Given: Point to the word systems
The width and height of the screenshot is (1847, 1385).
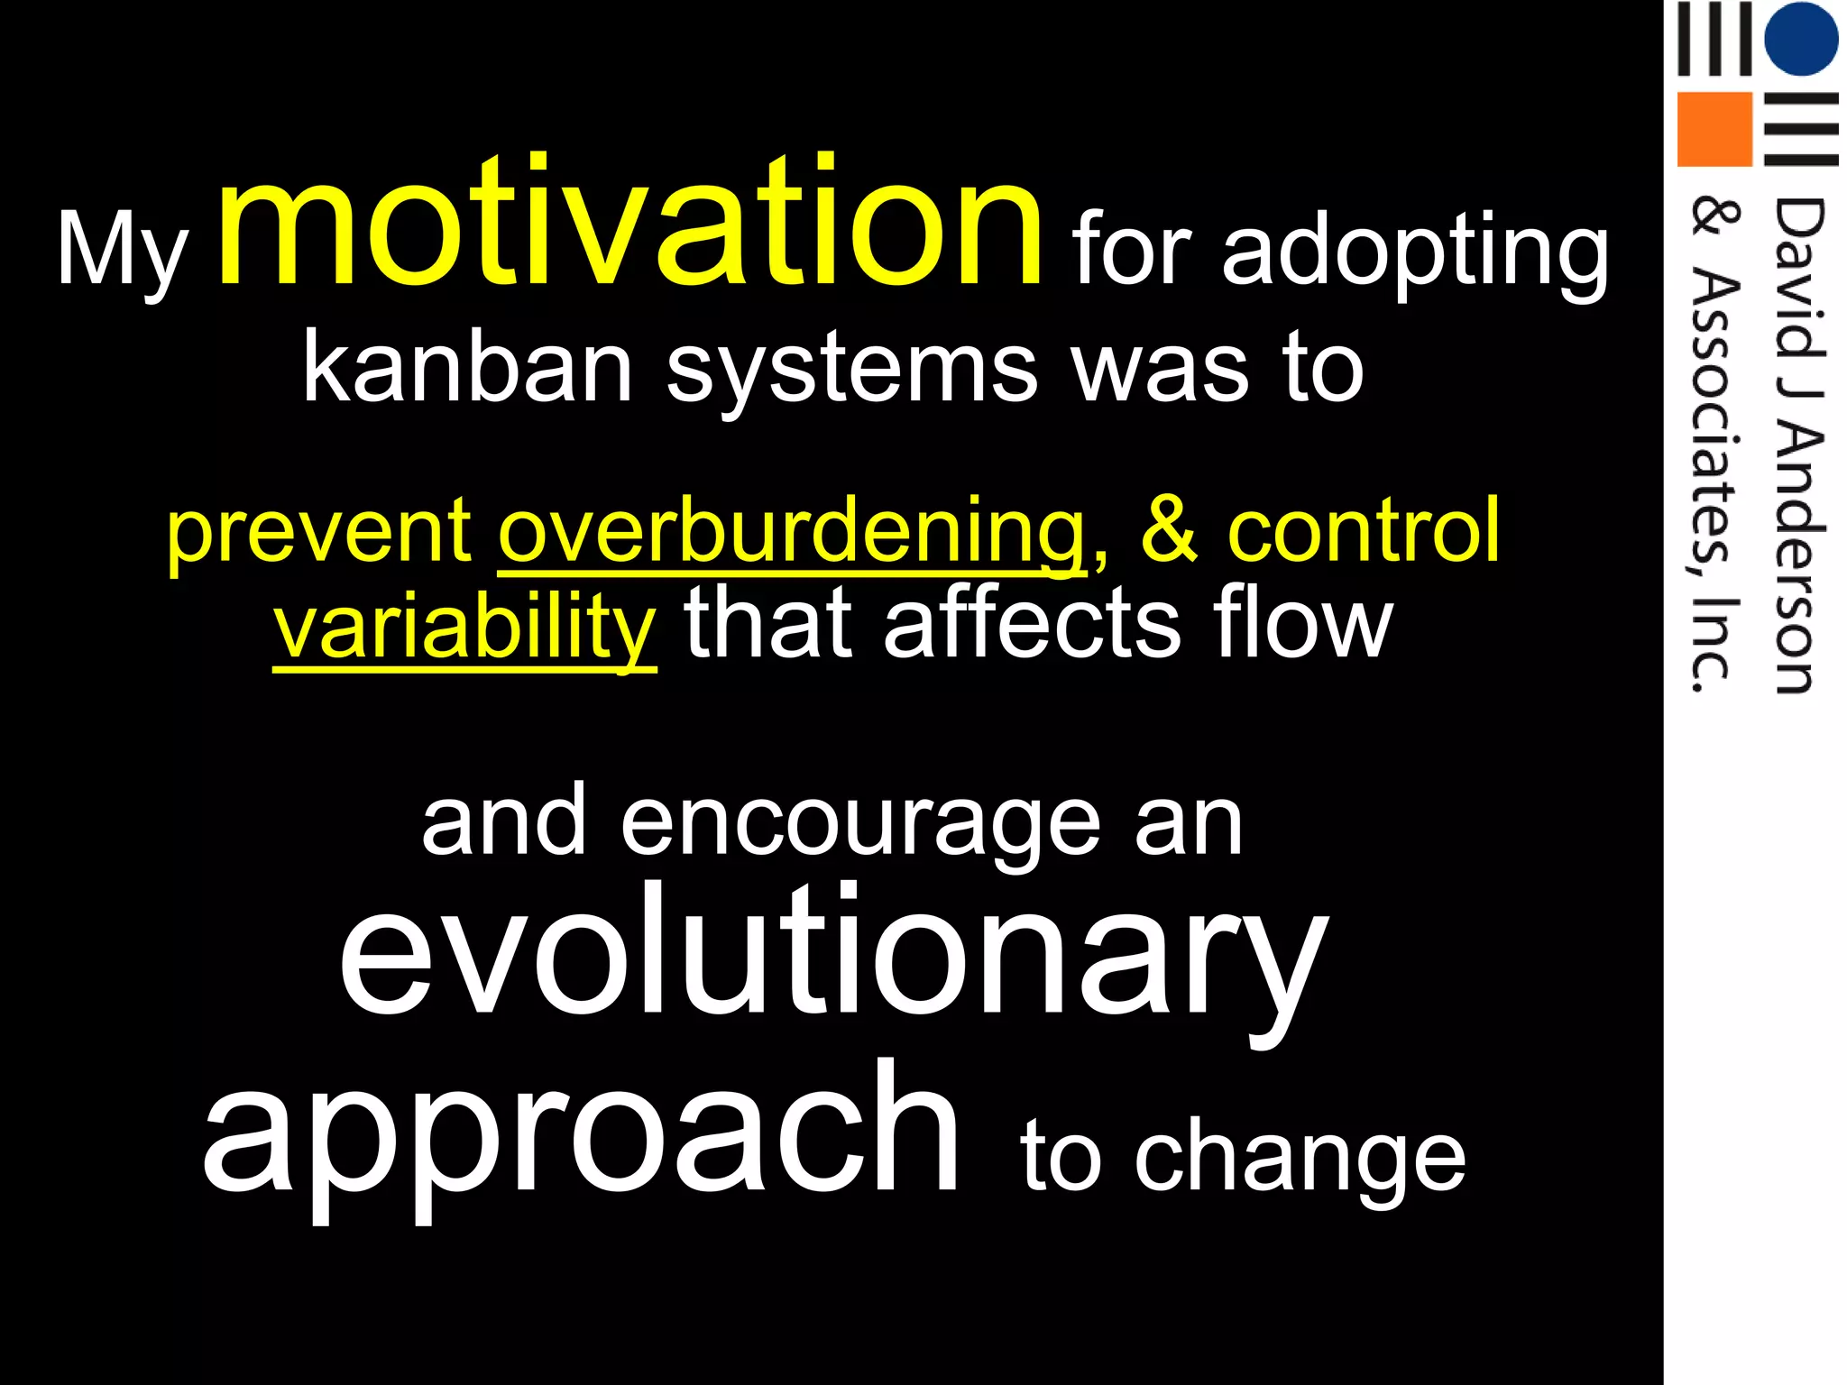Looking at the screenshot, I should coord(852,368).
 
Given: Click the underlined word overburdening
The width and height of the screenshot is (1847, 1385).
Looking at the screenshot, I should coord(792,532).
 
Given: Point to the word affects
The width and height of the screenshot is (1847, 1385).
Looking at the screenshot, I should coord(1032,622).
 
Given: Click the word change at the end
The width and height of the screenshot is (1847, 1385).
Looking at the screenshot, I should coord(1300,1160).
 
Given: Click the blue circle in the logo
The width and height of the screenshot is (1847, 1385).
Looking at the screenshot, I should coord(1800,39).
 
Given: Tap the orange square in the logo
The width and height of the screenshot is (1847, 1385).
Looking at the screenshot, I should coord(1714,129).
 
